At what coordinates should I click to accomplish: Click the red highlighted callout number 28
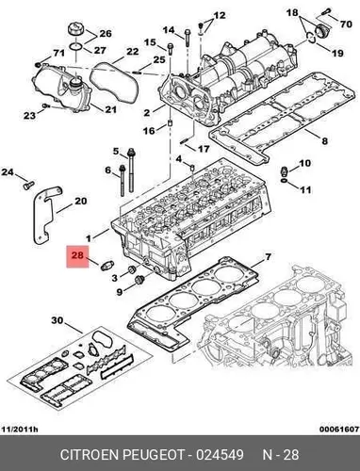tap(77, 255)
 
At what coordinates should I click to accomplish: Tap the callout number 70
tap(346, 24)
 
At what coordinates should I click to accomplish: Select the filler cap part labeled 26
tap(75, 31)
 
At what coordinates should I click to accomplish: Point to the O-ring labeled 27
tap(75, 47)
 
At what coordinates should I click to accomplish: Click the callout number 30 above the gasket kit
tap(57, 320)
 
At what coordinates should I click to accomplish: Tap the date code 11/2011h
tap(20, 430)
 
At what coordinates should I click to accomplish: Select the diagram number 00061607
tap(339, 430)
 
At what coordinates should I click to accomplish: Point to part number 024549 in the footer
tap(220, 455)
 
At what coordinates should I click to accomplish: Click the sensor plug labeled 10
tap(284, 172)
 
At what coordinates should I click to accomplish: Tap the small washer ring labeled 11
tap(284, 181)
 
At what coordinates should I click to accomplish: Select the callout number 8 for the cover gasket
tap(324, 141)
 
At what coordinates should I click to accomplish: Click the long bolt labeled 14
tap(188, 38)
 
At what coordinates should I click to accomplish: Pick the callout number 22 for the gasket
tap(132, 51)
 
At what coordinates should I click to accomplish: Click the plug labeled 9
tap(139, 279)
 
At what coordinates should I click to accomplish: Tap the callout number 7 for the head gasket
tap(268, 257)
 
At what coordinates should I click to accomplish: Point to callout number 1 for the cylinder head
tap(89, 238)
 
